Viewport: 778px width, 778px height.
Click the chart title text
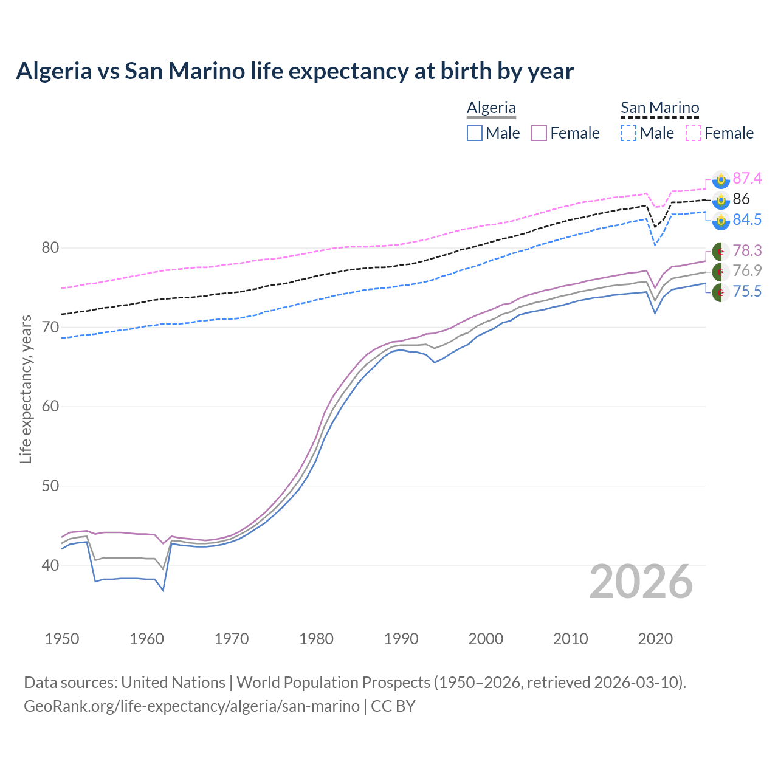coord(295,71)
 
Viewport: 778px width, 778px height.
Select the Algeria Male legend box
coord(475,133)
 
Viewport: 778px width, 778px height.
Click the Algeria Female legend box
coord(540,133)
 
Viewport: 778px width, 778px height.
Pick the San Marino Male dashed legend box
coord(628,133)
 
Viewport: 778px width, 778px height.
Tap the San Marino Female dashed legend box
coord(694,133)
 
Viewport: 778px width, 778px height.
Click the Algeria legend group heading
coord(491,108)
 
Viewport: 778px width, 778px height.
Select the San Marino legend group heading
coord(659,108)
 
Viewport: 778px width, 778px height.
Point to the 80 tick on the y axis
coord(50,248)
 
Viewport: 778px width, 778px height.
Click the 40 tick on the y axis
coord(50,565)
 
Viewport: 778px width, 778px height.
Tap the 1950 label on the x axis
coord(62,639)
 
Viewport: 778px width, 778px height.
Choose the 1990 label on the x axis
coord(401,639)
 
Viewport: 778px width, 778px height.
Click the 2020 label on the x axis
coord(655,639)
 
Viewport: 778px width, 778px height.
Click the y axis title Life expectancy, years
coord(26,389)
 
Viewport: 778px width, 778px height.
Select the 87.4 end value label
coord(747,178)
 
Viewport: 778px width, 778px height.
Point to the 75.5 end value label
coord(747,292)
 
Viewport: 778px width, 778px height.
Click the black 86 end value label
coord(741,199)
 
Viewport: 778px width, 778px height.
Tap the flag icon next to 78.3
coord(721,251)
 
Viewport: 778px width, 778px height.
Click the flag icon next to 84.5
coord(721,220)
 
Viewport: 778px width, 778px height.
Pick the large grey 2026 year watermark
coord(641,582)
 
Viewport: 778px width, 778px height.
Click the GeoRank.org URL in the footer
coord(191,706)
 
